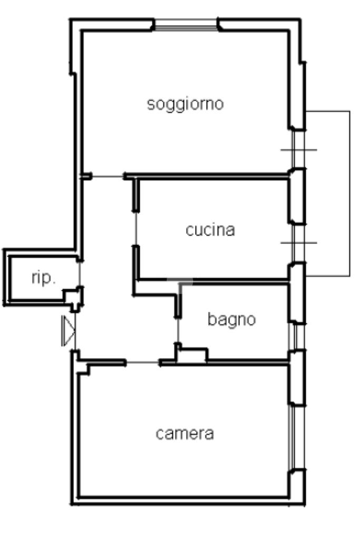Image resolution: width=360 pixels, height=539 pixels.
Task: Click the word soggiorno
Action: click(186, 104)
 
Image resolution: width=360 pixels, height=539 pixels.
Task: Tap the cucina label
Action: click(210, 230)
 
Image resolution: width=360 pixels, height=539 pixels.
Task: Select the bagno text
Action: click(232, 320)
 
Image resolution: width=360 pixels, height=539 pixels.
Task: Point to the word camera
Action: click(184, 434)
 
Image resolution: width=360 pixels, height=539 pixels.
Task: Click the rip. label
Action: click(43, 278)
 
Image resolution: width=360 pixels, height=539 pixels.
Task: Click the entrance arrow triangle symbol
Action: click(68, 331)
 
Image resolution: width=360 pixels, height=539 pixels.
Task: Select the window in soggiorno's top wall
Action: click(186, 25)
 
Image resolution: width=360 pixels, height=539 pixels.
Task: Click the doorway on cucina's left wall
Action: click(136, 229)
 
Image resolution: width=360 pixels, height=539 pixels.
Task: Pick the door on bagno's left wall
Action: click(178, 330)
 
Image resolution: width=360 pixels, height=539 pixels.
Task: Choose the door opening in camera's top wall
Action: click(143, 362)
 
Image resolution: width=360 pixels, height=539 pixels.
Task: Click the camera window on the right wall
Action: click(296, 437)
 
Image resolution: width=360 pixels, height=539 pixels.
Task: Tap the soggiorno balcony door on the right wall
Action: click(298, 150)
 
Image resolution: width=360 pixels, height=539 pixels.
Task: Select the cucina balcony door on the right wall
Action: click(298, 244)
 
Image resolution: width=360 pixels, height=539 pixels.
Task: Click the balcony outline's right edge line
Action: click(350, 193)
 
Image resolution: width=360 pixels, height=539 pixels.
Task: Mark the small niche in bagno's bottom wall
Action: click(192, 356)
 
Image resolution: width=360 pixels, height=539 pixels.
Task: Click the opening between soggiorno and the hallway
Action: click(108, 177)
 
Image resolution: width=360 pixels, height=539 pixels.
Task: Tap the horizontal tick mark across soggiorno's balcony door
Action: click(298, 150)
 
